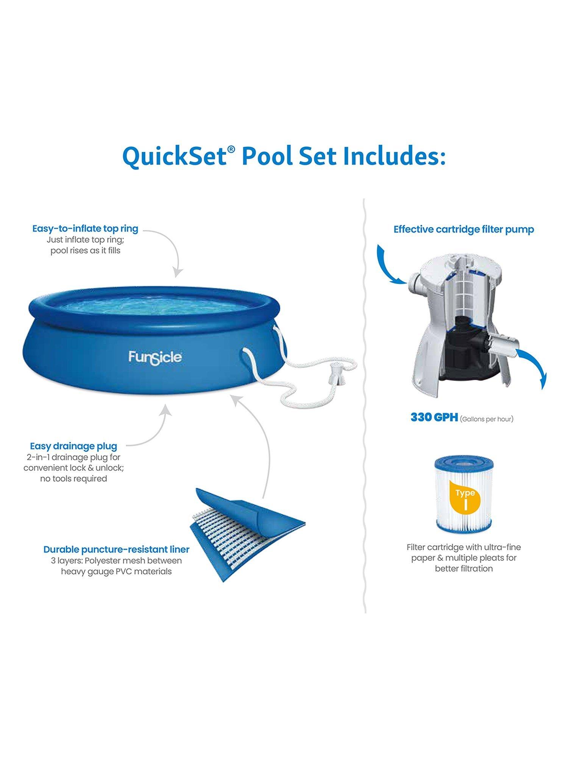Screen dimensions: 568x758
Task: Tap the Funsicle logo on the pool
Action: point(155,357)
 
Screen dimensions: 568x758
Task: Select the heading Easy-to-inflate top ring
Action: point(85,229)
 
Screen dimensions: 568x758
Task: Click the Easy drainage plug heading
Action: point(73,446)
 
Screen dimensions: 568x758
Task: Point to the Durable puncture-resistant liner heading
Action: point(116,550)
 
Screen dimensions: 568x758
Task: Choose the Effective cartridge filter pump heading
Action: point(464,229)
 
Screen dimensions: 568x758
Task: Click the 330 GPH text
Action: point(434,417)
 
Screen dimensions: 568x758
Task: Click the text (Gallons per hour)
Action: point(487,419)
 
